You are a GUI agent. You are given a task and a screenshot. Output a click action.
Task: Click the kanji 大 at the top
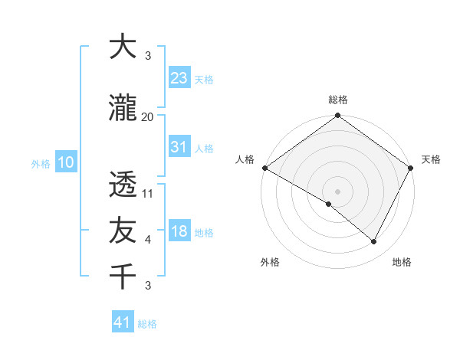point(123,47)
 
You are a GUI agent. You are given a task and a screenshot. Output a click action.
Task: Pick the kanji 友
point(123,230)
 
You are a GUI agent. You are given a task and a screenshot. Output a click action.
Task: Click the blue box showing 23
point(179,77)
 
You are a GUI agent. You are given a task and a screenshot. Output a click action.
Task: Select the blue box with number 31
point(179,147)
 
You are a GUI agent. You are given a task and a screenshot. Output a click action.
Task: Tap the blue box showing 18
point(179,231)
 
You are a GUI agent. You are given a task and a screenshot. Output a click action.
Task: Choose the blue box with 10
point(66,162)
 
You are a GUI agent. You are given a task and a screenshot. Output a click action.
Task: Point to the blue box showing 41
point(123,322)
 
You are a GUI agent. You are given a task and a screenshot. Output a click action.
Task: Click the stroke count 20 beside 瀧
point(147,117)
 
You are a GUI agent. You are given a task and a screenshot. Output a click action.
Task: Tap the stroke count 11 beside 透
point(148,193)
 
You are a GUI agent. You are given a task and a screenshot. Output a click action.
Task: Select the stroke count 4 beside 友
point(148,240)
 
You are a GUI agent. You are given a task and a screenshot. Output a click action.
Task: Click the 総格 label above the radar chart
point(338,100)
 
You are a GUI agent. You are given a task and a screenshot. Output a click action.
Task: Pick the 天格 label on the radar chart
point(431,159)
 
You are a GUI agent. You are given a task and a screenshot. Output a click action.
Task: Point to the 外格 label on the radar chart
point(270,262)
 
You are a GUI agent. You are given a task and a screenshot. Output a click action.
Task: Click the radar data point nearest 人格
point(264,168)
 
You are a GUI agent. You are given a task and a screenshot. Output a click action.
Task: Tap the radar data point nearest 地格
point(374,242)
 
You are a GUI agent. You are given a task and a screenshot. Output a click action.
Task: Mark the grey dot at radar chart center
point(337,191)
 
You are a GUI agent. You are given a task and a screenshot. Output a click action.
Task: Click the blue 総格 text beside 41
point(147,324)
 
